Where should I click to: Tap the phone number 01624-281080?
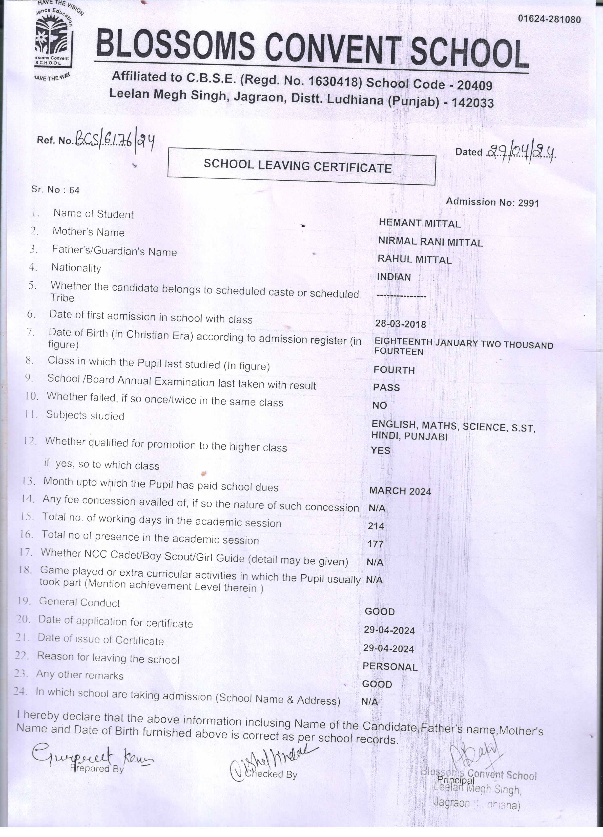549,19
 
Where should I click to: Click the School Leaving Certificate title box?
301,166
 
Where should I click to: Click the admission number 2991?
528,203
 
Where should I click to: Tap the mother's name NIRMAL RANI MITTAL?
430,242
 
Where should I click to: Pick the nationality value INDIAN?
394,277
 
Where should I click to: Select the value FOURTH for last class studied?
394,370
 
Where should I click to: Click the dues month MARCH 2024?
400,491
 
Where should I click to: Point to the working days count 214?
376,526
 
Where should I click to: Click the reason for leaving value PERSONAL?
390,667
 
